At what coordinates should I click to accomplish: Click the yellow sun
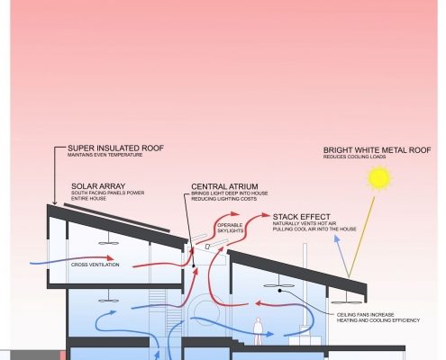click(379, 178)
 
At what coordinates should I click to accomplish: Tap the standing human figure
click(258, 331)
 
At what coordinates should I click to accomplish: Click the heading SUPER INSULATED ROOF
click(115, 148)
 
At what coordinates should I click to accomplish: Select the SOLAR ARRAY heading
click(98, 186)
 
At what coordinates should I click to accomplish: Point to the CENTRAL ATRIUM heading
click(224, 186)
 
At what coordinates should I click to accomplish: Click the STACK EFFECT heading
click(301, 217)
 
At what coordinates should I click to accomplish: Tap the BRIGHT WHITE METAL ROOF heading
click(377, 150)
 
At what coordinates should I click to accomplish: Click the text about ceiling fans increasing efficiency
click(378, 318)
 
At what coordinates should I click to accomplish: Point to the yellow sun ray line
click(361, 237)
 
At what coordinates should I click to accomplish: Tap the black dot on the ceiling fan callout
click(279, 291)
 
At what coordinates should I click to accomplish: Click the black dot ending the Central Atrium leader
click(194, 265)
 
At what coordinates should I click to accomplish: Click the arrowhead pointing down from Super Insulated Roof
click(54, 202)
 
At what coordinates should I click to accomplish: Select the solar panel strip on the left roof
click(117, 218)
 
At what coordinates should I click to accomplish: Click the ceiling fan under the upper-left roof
click(108, 242)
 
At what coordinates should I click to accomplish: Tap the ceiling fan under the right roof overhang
click(346, 301)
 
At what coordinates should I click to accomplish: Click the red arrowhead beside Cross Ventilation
click(110, 258)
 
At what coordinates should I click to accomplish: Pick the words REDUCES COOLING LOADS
click(354, 157)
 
